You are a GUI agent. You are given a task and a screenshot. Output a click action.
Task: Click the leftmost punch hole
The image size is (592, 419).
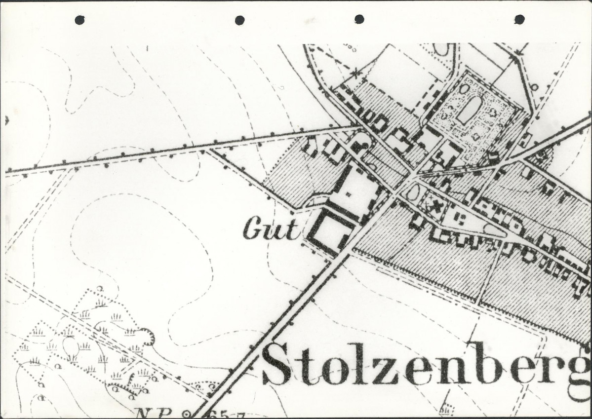tap(79, 20)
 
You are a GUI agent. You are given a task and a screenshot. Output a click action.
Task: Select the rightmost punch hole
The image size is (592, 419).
tap(519, 19)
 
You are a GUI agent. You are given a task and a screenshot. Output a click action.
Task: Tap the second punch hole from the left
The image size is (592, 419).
tap(239, 20)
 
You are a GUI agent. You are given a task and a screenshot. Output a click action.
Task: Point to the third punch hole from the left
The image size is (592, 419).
tap(359, 19)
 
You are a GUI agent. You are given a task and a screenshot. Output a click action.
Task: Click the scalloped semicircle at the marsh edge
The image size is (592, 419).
tap(147, 337)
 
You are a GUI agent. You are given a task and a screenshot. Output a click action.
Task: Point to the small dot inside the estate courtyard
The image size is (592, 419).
tap(349, 194)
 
